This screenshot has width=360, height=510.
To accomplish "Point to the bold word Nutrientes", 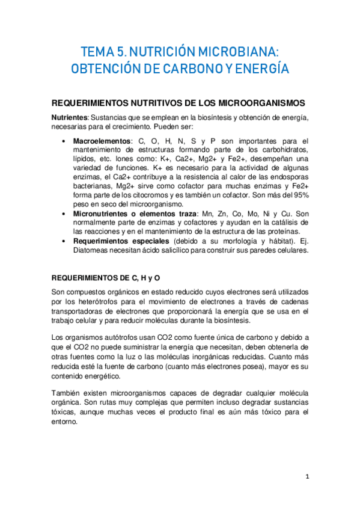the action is (x=70, y=116).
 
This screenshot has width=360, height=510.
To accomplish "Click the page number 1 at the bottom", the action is (x=307, y=476).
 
